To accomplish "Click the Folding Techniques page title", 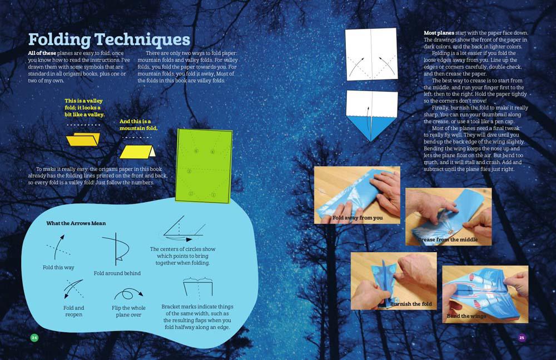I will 109,39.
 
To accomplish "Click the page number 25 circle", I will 522,338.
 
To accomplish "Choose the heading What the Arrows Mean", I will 76,223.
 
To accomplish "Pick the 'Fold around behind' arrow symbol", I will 116,249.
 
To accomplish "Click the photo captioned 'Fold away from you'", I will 357,194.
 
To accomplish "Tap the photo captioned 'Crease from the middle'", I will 448,217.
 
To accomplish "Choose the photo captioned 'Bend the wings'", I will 484,293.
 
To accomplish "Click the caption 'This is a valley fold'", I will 83,107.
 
